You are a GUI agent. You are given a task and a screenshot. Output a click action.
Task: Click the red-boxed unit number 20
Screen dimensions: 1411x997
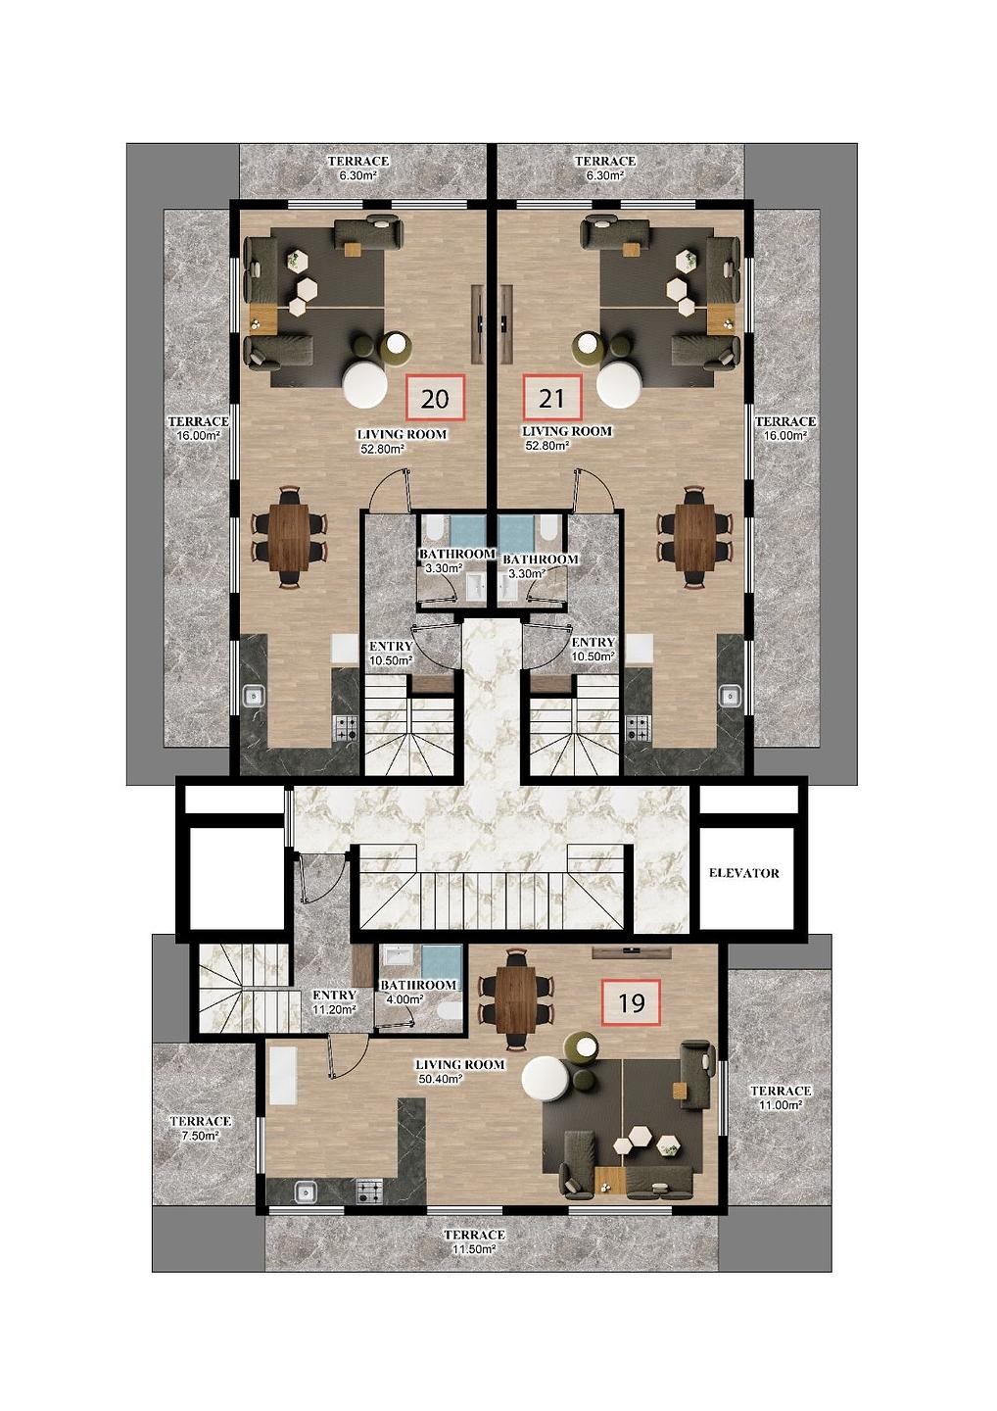click(435, 399)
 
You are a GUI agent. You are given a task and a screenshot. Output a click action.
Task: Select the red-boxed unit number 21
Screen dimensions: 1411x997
click(552, 399)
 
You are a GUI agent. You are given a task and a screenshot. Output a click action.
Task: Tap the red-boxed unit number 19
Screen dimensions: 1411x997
click(631, 1002)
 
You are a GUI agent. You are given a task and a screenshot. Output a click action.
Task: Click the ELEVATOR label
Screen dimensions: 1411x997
click(743, 873)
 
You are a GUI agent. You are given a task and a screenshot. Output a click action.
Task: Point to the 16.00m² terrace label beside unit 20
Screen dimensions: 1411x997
click(198, 428)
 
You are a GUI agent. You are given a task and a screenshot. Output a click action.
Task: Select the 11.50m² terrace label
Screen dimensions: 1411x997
click(474, 1241)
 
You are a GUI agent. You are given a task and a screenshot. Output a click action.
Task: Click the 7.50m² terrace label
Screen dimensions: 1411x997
click(200, 1128)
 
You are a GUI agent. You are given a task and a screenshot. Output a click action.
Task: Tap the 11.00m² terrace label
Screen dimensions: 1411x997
click(780, 1097)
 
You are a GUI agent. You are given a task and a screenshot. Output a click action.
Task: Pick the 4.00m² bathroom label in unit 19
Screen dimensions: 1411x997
click(418, 992)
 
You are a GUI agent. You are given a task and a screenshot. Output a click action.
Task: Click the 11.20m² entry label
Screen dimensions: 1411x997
click(334, 1001)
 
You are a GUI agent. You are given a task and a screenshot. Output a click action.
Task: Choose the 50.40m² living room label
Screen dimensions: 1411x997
click(459, 1071)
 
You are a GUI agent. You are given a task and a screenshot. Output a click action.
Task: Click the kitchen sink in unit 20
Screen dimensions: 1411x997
click(253, 697)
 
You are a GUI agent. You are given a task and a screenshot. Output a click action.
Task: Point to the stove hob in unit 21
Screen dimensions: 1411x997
click(637, 727)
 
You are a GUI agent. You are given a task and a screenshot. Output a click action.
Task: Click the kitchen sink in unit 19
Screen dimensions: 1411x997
click(306, 1192)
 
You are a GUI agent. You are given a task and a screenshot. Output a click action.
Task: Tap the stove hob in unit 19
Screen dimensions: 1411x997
click(369, 1192)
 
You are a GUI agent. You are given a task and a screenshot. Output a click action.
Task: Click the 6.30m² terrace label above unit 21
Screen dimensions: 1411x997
click(605, 168)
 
